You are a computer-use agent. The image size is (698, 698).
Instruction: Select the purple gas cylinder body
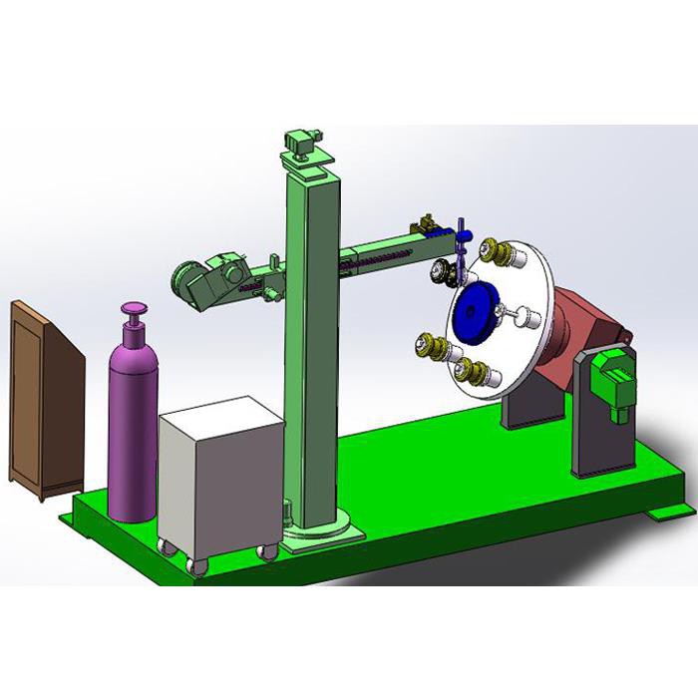coord(132,429)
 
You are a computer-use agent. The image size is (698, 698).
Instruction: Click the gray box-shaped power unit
coord(219,479)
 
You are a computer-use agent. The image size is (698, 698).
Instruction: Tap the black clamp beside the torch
coord(439,272)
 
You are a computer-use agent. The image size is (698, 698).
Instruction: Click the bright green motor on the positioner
coord(610,379)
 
